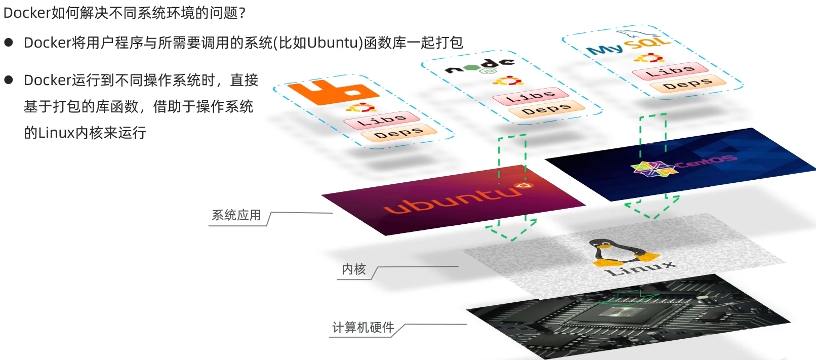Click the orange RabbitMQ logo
pyautogui.click(x=332, y=92)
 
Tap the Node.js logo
pyautogui.click(x=480, y=66)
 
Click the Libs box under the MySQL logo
pyautogui.click(x=669, y=71)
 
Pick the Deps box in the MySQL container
pyautogui.click(x=687, y=84)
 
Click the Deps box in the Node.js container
pyautogui.click(x=547, y=108)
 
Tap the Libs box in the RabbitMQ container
pyautogui.click(x=382, y=119)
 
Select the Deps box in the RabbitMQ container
pyautogui.click(x=399, y=133)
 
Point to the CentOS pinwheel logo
pyautogui.click(x=654, y=169)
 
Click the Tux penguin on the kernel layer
pyautogui.click(x=623, y=253)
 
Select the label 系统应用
pyautogui.click(x=236, y=215)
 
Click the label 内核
pyautogui.click(x=353, y=269)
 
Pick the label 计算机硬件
pyautogui.click(x=363, y=328)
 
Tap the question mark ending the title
pyautogui.click(x=242, y=13)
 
